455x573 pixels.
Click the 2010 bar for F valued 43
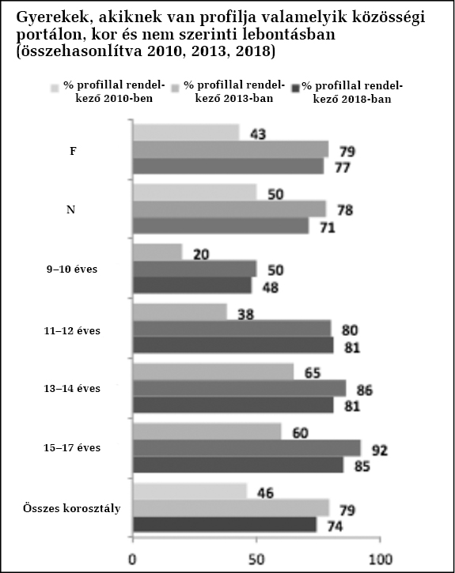tap(186, 133)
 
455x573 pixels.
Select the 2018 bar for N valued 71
tap(221, 226)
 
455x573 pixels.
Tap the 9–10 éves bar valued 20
tap(157, 252)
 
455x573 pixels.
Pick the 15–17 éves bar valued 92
tap(247, 448)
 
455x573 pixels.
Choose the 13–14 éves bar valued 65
tap(213, 372)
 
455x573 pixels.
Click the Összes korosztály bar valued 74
tap(225, 525)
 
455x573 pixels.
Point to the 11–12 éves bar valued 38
tap(180, 312)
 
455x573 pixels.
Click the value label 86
tap(365, 390)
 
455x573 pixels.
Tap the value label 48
tap(271, 288)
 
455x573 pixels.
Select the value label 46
tap(265, 493)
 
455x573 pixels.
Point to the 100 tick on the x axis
tap(381, 540)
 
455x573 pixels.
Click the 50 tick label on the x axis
tap(256, 560)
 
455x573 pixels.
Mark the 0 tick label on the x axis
tap(132, 560)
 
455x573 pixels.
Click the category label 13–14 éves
tap(72, 389)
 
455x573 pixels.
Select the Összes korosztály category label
tap(72, 508)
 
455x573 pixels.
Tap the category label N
tap(70, 209)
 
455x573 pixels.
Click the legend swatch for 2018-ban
tap(296, 88)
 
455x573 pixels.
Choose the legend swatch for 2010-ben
tap(55, 88)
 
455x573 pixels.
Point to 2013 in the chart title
tap(210, 51)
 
